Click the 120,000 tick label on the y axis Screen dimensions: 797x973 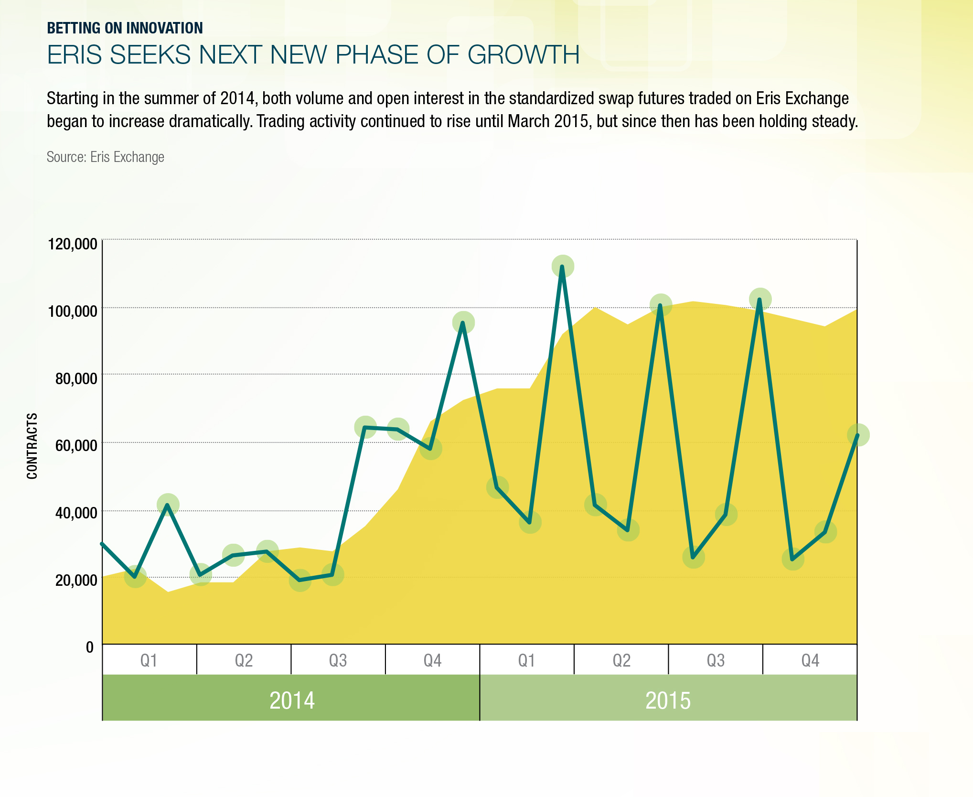(72, 244)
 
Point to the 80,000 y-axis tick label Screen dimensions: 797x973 (76, 379)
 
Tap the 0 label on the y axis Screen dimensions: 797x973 (90, 647)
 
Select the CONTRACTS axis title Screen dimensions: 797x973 (32, 446)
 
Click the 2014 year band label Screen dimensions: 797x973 (292, 700)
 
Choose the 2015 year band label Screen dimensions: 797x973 (668, 700)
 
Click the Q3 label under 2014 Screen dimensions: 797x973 (338, 660)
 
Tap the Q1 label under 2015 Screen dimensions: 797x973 (526, 660)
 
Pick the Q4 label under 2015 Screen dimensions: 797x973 (810, 660)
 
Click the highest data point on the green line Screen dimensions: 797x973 (563, 267)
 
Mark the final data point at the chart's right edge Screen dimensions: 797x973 (857, 435)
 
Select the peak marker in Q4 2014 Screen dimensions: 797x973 (463, 323)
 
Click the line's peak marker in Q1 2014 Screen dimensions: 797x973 (168, 505)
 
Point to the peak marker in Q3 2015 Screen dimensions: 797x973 (759, 300)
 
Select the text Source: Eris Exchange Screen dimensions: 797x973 (105, 157)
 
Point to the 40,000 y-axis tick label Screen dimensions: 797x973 (76, 513)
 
